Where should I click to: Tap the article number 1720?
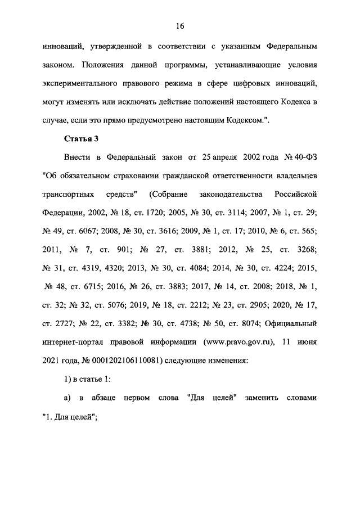(x=155, y=213)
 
